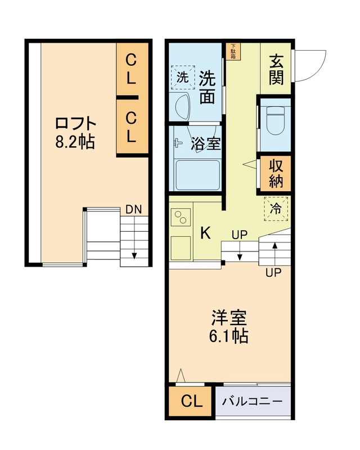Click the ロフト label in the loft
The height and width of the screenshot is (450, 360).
(x=75, y=123)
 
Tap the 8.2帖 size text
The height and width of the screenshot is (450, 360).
(x=75, y=142)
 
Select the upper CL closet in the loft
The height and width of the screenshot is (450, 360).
(x=130, y=69)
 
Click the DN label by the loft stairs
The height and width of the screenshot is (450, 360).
(x=133, y=209)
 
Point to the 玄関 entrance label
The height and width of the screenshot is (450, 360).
(x=276, y=69)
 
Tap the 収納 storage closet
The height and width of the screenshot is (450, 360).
(x=276, y=174)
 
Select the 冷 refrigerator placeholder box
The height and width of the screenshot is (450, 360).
(x=276, y=209)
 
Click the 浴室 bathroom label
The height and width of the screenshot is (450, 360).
(x=206, y=143)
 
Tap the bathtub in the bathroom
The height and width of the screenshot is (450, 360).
(x=196, y=175)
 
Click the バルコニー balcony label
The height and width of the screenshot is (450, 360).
(x=251, y=402)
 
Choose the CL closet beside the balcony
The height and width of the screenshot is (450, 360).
(x=191, y=402)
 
